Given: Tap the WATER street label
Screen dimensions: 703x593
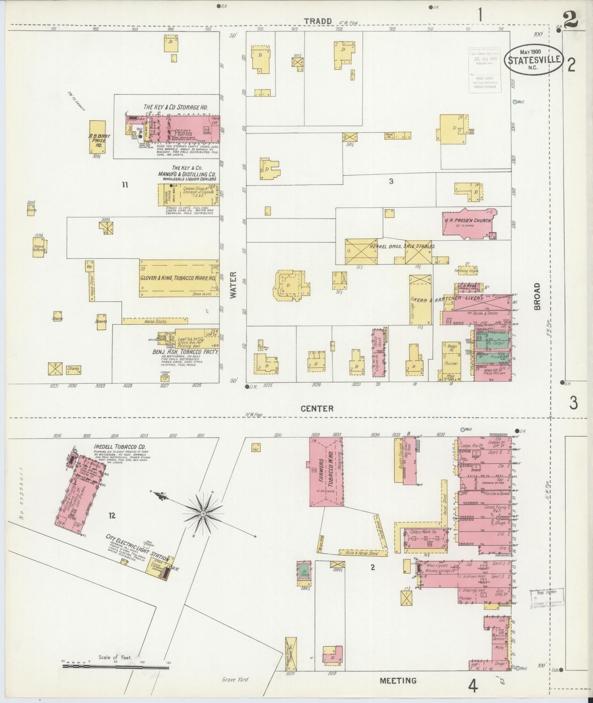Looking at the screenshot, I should click(x=234, y=285).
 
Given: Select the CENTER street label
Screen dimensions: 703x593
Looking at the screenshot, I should click(x=317, y=409).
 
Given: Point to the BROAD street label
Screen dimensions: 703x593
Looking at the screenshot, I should click(x=537, y=296).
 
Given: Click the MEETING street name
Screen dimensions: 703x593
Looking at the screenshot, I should click(x=398, y=680).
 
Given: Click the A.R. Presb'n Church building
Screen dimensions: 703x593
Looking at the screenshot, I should click(x=468, y=223).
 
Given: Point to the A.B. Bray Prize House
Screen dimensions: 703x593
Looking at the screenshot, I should click(x=97, y=137).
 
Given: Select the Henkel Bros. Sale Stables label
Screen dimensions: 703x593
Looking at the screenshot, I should click(x=402, y=246).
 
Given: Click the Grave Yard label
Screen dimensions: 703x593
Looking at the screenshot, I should click(x=235, y=679).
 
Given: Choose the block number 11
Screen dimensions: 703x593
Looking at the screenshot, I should click(x=125, y=185).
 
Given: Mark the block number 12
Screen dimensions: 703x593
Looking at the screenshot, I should click(x=112, y=516).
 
